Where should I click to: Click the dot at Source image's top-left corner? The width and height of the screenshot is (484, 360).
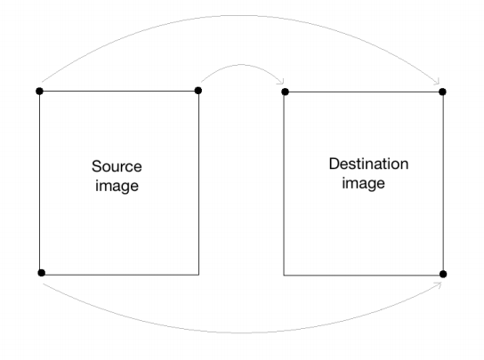pyautogui.click(x=39, y=91)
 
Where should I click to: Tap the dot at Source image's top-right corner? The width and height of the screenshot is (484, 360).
pyautogui.click(x=198, y=91)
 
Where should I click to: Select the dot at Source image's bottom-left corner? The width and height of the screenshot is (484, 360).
pyautogui.click(x=41, y=273)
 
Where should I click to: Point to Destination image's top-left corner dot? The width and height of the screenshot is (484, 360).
pyautogui.click(x=286, y=92)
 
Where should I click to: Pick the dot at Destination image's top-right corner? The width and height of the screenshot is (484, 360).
pyautogui.click(x=442, y=92)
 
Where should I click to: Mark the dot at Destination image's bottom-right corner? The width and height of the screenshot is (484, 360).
pyautogui.click(x=443, y=274)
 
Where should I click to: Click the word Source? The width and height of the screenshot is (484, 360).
pyautogui.click(x=117, y=166)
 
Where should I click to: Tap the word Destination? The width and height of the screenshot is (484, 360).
pyautogui.click(x=368, y=164)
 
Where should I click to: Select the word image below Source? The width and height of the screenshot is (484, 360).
pyautogui.click(x=117, y=186)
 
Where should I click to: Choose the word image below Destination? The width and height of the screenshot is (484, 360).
pyautogui.click(x=363, y=183)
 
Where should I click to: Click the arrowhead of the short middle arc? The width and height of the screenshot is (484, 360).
pyautogui.click(x=281, y=82)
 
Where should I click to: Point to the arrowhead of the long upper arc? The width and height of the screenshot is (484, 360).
pyautogui.click(x=437, y=82)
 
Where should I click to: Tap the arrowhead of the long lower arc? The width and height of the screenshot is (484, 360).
pyautogui.click(x=439, y=284)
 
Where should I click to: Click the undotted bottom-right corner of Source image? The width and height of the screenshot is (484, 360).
pyautogui.click(x=198, y=275)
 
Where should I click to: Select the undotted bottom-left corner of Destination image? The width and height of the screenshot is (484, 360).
pyautogui.click(x=284, y=276)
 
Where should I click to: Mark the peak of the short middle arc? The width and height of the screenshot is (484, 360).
pyautogui.click(x=241, y=65)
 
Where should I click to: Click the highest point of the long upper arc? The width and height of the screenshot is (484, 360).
pyautogui.click(x=244, y=15)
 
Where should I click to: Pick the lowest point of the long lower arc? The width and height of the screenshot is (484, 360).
pyautogui.click(x=241, y=333)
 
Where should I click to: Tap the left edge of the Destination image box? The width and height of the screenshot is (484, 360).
pyautogui.click(x=284, y=183)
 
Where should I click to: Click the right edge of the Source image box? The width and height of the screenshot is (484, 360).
pyautogui.click(x=198, y=182)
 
